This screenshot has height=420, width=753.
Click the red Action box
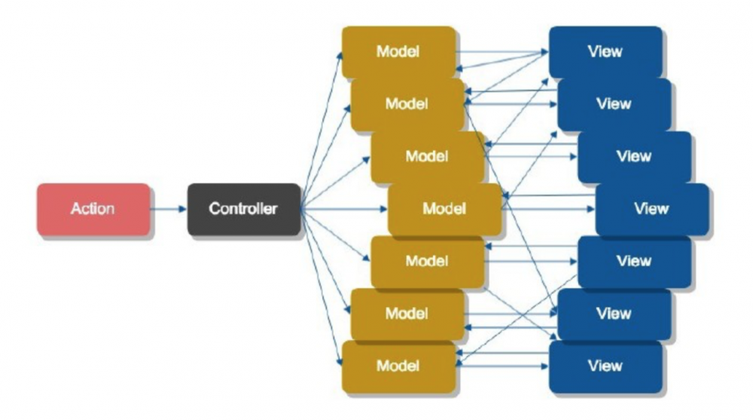coord(93,210)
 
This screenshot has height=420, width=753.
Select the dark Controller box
coord(244,210)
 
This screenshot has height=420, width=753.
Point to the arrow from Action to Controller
coord(169,209)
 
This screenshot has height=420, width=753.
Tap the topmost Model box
coord(398,52)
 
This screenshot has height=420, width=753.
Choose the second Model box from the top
coord(407,104)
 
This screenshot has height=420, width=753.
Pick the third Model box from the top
coord(428,157)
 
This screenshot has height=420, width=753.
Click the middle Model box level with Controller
coord(445,210)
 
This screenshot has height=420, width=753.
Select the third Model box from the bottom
coord(428,262)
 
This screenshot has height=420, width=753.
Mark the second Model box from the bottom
coord(407,314)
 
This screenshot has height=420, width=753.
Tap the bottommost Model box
coord(398,366)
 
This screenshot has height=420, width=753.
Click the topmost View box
coord(605,52)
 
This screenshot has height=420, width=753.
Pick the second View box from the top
coord(614,104)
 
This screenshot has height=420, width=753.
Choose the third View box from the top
coord(634,157)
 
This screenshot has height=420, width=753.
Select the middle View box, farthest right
coord(652,210)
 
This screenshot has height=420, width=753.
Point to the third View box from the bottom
coord(634,262)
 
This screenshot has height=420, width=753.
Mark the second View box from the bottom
coord(614,314)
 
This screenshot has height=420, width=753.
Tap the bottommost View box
coord(605,366)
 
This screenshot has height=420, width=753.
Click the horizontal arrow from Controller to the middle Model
coord(344,209)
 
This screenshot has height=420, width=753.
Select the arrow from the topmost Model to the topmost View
coord(501,51)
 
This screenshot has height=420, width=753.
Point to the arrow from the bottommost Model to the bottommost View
coord(501,366)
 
